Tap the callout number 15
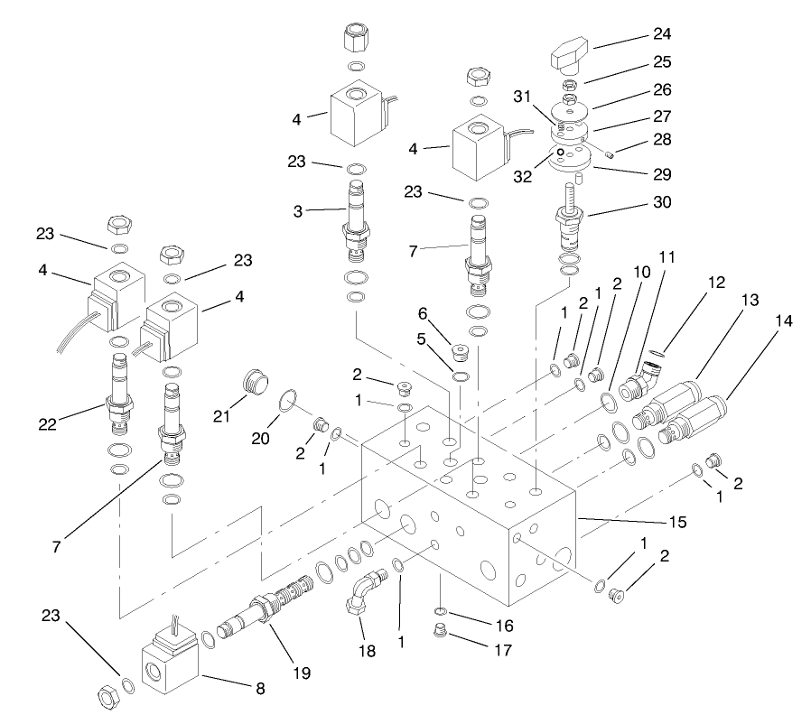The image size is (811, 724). [676, 522]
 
